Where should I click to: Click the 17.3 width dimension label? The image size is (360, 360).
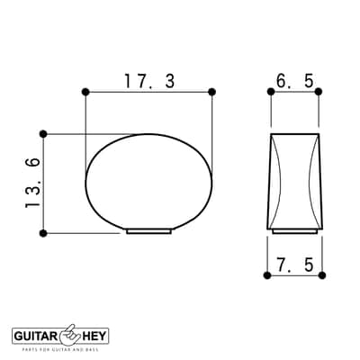pyautogui.click(x=149, y=81)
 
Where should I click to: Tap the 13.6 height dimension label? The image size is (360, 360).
pyautogui.click(x=32, y=183)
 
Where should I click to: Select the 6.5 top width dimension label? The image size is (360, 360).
pyautogui.click(x=294, y=81)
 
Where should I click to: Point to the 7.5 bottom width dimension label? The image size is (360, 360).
pyautogui.click(x=294, y=265)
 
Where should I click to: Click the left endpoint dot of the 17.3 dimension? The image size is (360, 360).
pyautogui.click(x=85, y=92)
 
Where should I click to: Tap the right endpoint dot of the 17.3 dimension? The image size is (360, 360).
pyautogui.click(x=211, y=92)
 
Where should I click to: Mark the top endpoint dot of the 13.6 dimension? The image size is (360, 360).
pyautogui.click(x=43, y=134)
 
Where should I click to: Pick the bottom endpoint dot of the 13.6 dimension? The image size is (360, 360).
pyautogui.click(x=43, y=233)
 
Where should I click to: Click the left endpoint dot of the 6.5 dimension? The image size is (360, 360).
pyautogui.click(x=271, y=92)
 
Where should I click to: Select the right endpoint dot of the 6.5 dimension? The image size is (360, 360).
pyautogui.click(x=319, y=92)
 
